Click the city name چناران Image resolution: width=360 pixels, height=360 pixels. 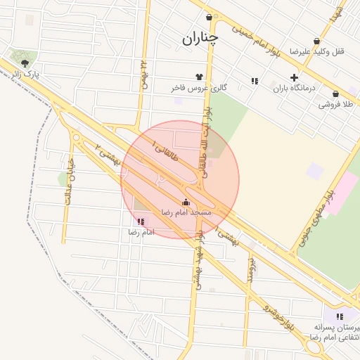[x=200, y=39]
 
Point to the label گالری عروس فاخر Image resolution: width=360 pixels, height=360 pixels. [x=200, y=89]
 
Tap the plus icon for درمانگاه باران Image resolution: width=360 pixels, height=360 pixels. [x=294, y=78]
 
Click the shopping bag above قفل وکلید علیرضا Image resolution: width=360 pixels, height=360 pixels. [x=316, y=41]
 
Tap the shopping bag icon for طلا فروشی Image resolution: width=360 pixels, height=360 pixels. [x=335, y=94]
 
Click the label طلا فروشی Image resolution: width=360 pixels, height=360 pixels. [x=335, y=104]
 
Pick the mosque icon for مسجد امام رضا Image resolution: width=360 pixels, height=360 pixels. [x=186, y=202]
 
